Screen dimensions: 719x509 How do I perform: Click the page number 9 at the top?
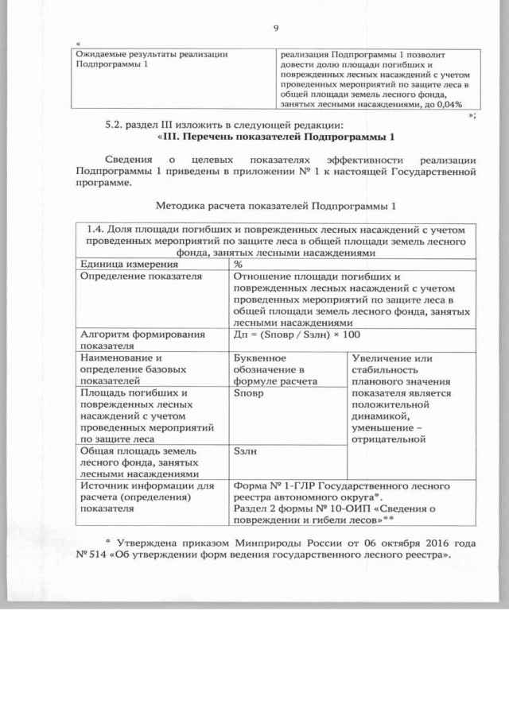point(275,29)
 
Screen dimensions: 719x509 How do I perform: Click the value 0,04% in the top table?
point(452,102)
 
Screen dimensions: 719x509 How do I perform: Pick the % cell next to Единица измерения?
point(239,264)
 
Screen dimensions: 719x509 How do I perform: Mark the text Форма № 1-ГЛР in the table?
point(270,485)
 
